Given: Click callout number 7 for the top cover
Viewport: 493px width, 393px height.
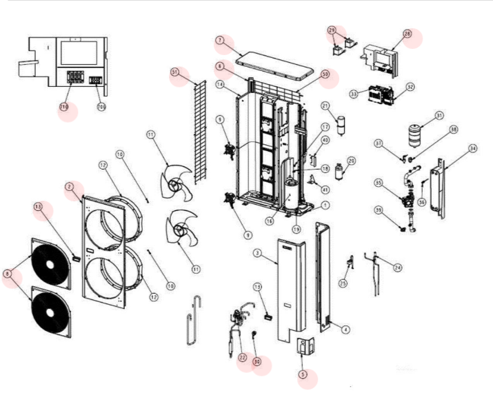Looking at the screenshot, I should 220,41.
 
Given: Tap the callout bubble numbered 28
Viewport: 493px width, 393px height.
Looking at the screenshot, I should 407,33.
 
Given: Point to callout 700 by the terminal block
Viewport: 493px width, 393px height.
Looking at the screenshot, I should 101,107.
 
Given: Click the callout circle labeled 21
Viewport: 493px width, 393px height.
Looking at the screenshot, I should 325,105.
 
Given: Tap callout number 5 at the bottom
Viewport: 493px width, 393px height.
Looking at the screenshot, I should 302,375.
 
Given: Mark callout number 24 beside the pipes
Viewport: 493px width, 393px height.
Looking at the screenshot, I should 396,267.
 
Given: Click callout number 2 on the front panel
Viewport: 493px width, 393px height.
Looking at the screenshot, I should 70,187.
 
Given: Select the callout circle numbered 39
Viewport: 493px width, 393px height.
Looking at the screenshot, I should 398,210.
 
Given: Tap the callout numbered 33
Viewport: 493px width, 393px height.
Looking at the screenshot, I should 354,93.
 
